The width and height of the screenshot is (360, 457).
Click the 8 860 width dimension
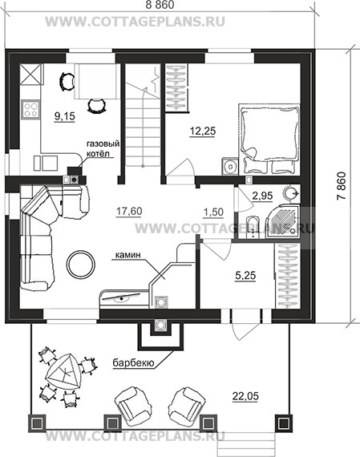click(160, 5)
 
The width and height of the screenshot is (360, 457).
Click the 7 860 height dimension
click(342, 186)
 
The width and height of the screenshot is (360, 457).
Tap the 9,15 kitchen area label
click(65, 116)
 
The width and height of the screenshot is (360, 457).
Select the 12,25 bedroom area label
click(203, 131)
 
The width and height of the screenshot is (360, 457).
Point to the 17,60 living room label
click(129, 211)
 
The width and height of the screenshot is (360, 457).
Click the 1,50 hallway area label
click(213, 212)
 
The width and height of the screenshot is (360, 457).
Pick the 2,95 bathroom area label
click(262, 196)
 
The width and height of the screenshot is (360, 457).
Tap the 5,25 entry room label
click(245, 275)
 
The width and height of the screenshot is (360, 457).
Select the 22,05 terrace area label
click(245, 396)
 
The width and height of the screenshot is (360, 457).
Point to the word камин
click(128, 255)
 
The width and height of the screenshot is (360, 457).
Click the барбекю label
click(133, 363)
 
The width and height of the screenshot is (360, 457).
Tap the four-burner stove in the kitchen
click(30, 109)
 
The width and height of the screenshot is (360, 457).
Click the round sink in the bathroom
click(290, 193)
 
